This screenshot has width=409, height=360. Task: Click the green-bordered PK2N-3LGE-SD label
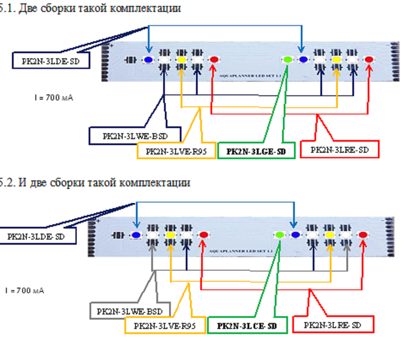[256, 151]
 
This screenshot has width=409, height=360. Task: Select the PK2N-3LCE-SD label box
[247, 326]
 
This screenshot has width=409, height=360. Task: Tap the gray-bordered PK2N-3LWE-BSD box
[130, 311]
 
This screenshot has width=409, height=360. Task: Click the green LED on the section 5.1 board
[288, 60]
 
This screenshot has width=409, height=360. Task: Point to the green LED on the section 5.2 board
[280, 234]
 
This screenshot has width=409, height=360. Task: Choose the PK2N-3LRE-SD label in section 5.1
[339, 150]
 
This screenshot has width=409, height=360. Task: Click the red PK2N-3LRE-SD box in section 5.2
[333, 325]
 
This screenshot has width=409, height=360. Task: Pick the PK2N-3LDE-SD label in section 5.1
[50, 61]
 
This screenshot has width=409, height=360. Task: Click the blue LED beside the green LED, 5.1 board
[303, 60]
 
